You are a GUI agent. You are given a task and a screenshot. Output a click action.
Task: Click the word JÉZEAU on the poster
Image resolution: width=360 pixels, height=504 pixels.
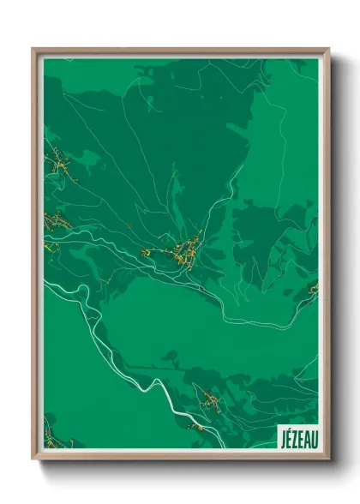(x=297, y=438)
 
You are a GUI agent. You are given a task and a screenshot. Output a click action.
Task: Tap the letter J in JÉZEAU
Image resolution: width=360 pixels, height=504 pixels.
(x=282, y=438)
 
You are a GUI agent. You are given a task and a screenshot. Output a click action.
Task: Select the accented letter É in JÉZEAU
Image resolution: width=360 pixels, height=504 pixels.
(x=288, y=438)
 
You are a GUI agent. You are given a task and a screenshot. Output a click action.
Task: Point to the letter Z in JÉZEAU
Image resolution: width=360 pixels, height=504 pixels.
(x=294, y=438)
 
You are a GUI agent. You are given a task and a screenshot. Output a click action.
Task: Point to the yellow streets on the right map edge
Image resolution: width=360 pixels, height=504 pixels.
(x=313, y=290)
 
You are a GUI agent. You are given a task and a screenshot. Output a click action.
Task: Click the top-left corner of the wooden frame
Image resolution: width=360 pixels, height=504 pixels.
(x=33, y=50)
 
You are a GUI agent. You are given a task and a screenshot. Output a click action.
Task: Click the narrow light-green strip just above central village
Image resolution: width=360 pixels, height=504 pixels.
(x=176, y=193)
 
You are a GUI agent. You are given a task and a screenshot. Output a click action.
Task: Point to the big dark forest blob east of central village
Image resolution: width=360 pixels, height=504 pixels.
(x=257, y=231)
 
